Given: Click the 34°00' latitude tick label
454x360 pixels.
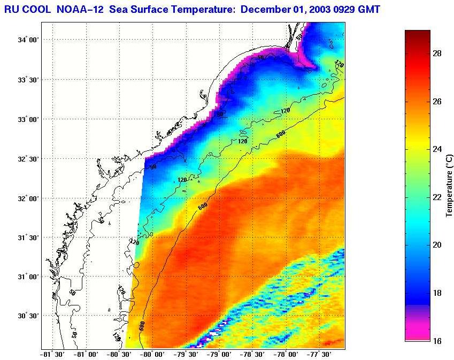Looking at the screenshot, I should pyautogui.click(x=28, y=40).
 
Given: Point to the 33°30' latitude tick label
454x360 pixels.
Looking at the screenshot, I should pyautogui.click(x=28, y=80).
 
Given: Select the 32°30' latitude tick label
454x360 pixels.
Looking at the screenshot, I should pyautogui.click(x=28, y=159).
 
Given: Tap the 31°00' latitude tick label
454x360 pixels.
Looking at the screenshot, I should pyautogui.click(x=28, y=277).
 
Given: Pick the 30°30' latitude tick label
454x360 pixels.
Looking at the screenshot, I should pyautogui.click(x=28, y=316).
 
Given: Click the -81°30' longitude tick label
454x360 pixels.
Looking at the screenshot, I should pyautogui.click(x=53, y=354).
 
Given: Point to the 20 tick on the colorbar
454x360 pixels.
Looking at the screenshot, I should pyautogui.click(x=436, y=245).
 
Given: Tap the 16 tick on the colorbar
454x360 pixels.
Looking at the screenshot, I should pyautogui.click(x=436, y=341).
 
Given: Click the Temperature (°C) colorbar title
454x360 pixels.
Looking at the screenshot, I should pyautogui.click(x=450, y=185).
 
